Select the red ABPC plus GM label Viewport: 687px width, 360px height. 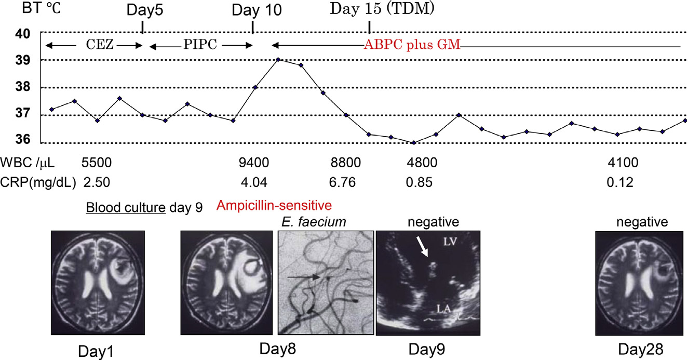pos(412,45)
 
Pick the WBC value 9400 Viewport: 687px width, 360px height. pos(254,164)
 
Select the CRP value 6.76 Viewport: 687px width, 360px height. pos(345,183)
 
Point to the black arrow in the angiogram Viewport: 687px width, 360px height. pos(304,278)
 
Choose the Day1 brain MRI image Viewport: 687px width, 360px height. pos(97,283)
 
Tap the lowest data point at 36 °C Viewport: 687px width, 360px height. pos(413,142)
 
